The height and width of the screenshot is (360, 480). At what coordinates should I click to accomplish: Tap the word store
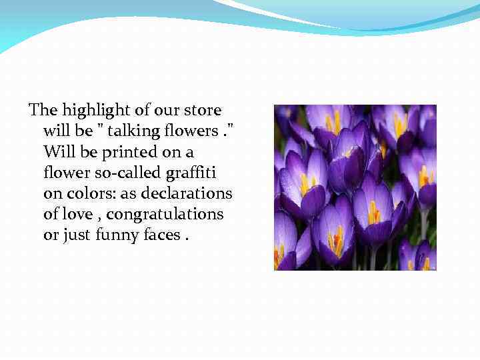(204, 109)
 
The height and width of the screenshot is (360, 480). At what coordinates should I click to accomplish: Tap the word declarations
(190, 193)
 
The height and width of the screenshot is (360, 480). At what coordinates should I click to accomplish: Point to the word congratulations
(165, 215)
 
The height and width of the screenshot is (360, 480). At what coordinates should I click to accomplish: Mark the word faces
(160, 235)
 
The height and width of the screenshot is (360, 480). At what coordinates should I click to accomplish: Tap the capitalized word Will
(58, 151)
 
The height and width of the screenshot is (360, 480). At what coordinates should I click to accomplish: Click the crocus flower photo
(355, 187)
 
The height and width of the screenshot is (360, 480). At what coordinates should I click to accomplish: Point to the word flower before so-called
(63, 172)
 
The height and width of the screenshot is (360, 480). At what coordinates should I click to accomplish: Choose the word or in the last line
(50, 235)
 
